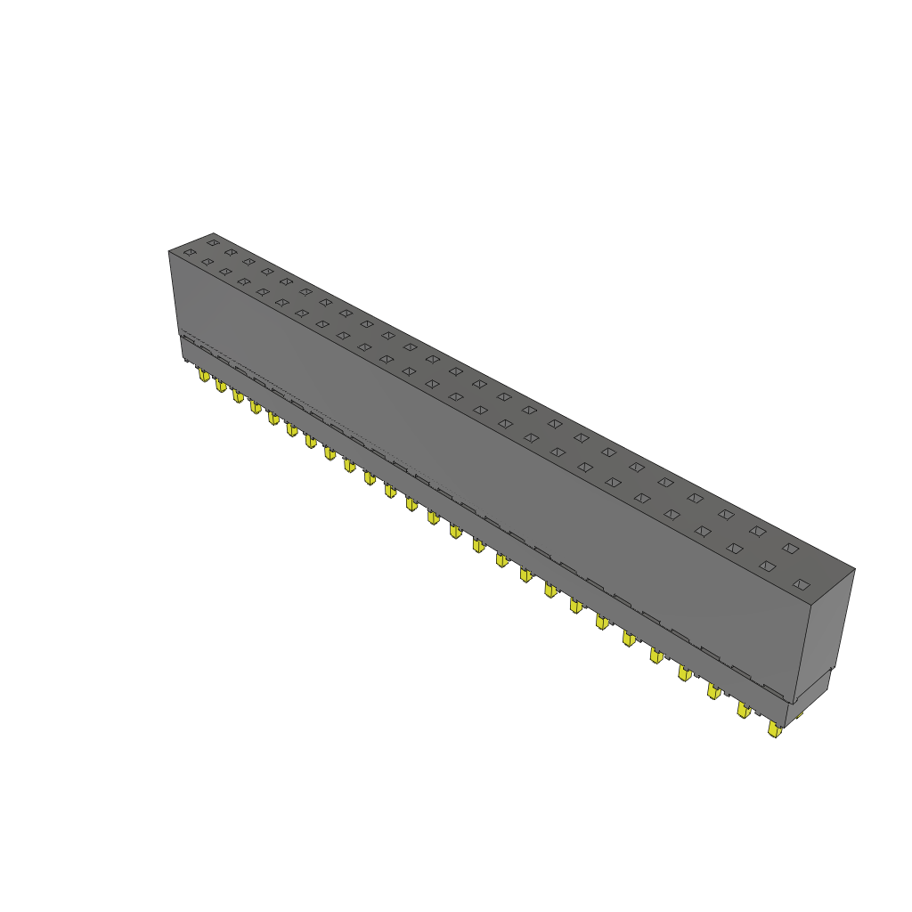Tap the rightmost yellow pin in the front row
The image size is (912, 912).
pos(774,730)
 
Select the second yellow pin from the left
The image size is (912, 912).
pos(220,385)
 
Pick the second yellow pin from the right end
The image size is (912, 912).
pos(743,710)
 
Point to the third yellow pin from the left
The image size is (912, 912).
pos(238,395)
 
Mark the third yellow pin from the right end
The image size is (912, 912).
pos(713,690)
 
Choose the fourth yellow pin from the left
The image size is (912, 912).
pos(256,406)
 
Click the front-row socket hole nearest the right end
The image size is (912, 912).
pos(802,584)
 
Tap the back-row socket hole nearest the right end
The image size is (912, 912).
pos(790,548)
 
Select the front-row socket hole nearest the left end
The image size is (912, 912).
pos(190,253)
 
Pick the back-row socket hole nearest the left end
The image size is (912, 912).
pos(213,241)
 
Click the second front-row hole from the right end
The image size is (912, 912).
pos(767,566)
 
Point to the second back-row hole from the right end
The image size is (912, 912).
pos(757,531)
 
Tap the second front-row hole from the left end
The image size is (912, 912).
pos(208,262)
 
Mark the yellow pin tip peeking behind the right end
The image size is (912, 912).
pos(799,714)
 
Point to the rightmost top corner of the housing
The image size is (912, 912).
pos(854,568)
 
